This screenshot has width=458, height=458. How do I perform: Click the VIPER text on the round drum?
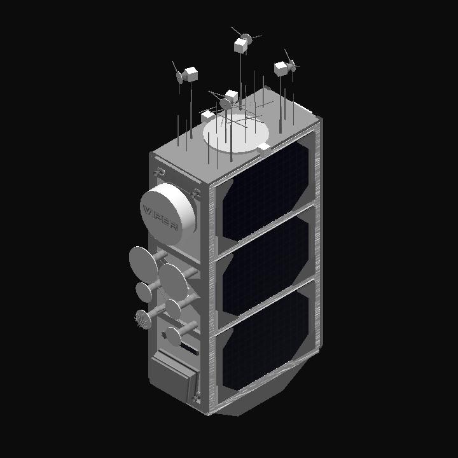coord(160,218)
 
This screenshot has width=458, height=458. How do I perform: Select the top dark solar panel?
coord(265,191)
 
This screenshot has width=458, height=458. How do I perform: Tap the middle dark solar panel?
coord(265,267)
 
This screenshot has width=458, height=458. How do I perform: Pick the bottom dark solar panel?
coord(265,341)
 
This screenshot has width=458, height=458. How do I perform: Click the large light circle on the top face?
coord(236,133)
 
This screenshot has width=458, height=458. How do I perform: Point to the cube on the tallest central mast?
coord(240,46)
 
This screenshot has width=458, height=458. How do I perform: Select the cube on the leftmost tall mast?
coord(191,74)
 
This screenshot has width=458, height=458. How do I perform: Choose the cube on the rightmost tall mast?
coord(281,69)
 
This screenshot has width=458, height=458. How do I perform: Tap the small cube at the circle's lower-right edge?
coord(264,148)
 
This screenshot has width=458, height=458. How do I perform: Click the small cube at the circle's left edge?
coord(207,116)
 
